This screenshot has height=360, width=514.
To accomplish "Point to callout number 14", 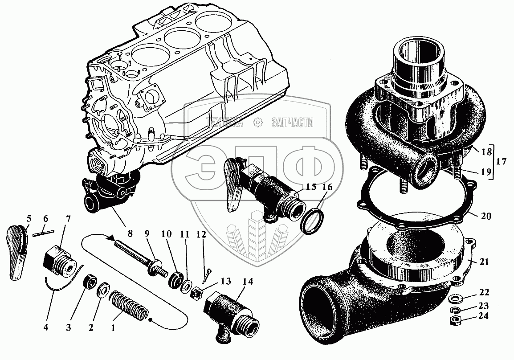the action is [247, 282].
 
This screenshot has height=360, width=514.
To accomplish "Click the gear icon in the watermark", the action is [257, 123].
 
